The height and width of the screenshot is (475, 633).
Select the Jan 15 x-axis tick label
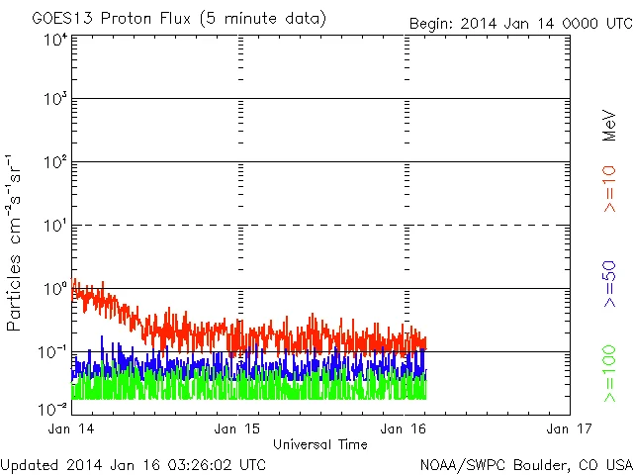pyautogui.click(x=237, y=428)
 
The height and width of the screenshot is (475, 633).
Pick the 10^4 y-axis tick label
pyautogui.click(x=55, y=40)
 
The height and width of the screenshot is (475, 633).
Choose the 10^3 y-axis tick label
pyautogui.click(x=55, y=100)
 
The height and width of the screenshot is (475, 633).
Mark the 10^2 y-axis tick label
pyautogui.click(x=55, y=162)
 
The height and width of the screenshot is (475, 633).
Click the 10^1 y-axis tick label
pyautogui.click(x=55, y=226)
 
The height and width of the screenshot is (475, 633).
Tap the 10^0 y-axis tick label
pyautogui.click(x=55, y=289)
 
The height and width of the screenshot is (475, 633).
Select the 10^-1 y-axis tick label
pyautogui.click(x=53, y=352)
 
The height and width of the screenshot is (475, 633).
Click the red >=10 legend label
pyautogui.click(x=610, y=187)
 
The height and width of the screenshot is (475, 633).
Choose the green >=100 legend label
pyautogui.click(x=610, y=375)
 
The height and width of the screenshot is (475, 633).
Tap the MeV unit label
pyautogui.click(x=610, y=126)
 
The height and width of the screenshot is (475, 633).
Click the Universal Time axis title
pyautogui.click(x=320, y=444)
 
